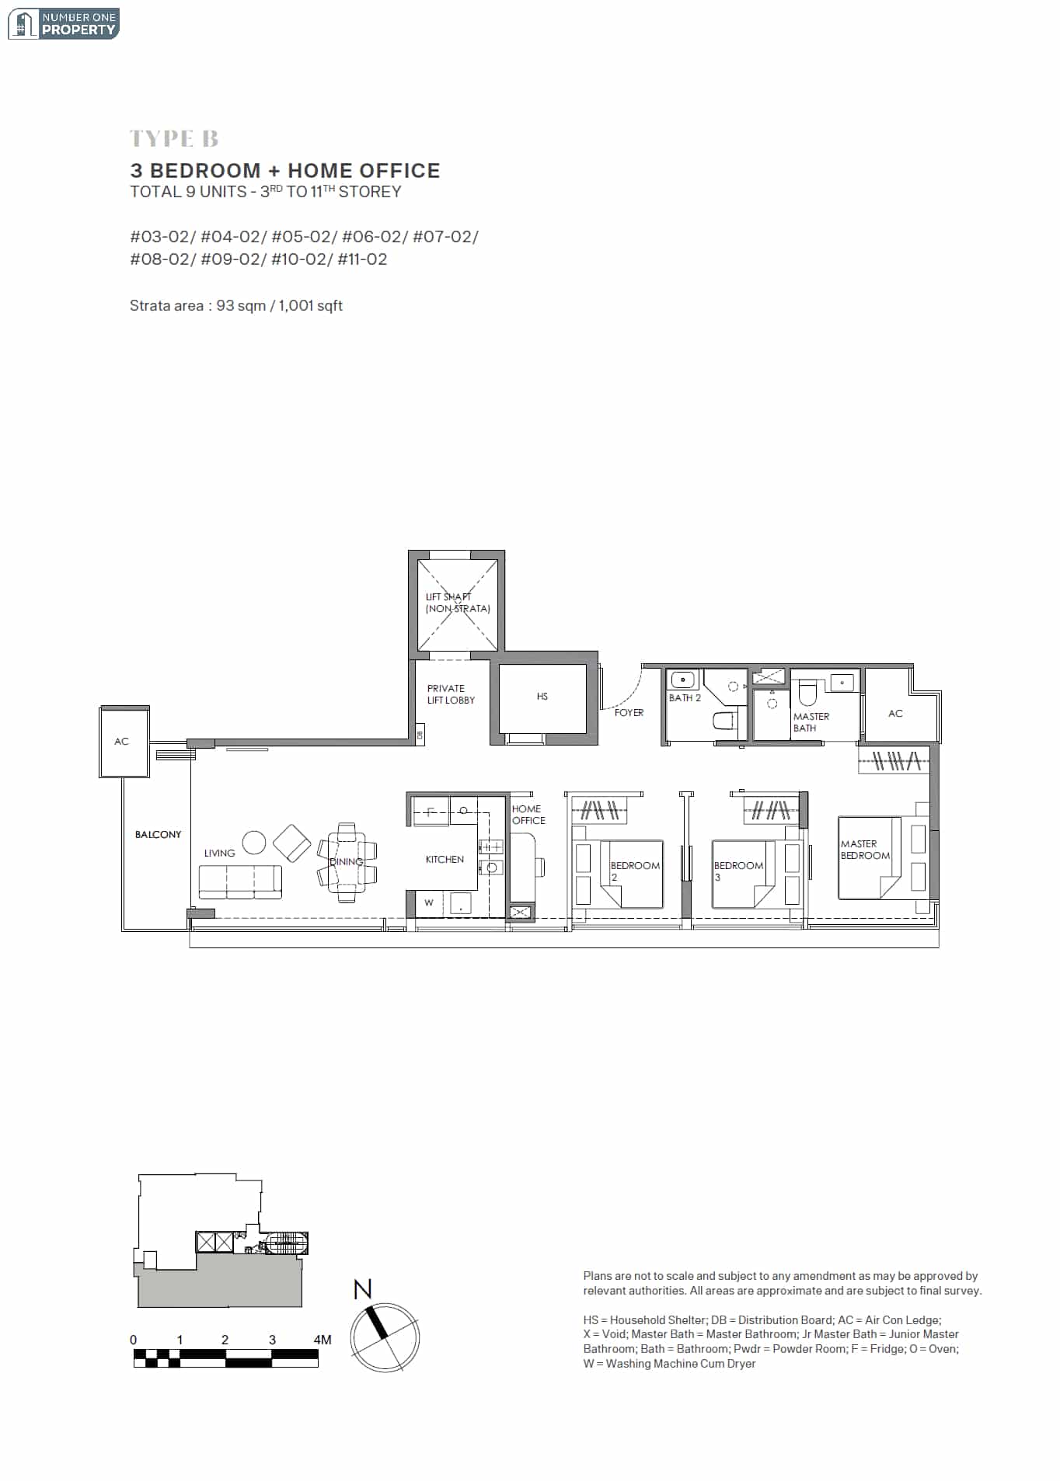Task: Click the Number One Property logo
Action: click(x=63, y=24)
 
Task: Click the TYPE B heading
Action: click(x=174, y=139)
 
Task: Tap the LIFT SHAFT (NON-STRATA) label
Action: click(x=458, y=603)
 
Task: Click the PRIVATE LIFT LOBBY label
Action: click(x=451, y=694)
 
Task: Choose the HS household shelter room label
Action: click(x=542, y=697)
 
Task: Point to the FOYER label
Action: click(x=629, y=712)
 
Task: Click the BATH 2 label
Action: click(x=685, y=697)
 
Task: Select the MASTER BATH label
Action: click(x=811, y=722)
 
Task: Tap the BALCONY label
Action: click(x=158, y=834)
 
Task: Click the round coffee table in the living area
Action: click(x=254, y=842)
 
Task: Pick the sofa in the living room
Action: click(x=240, y=882)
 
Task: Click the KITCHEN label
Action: click(x=445, y=859)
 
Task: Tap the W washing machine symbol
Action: click(x=428, y=902)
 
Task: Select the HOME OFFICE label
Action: click(x=528, y=815)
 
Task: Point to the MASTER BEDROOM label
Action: click(x=865, y=850)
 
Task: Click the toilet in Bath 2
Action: click(x=725, y=721)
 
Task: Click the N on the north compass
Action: click(x=362, y=1289)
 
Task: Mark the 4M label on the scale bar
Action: click(x=323, y=1340)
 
